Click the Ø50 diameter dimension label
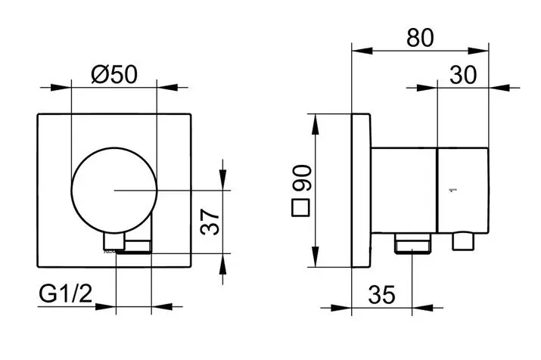pos(114,74)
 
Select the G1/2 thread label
pos(66,293)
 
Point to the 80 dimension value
pos(420,38)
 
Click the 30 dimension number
pos(463,75)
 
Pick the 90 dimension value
pos(302,178)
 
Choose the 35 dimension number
pos(382,295)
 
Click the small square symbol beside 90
pos(301,208)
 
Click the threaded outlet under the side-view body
pos(412,243)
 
